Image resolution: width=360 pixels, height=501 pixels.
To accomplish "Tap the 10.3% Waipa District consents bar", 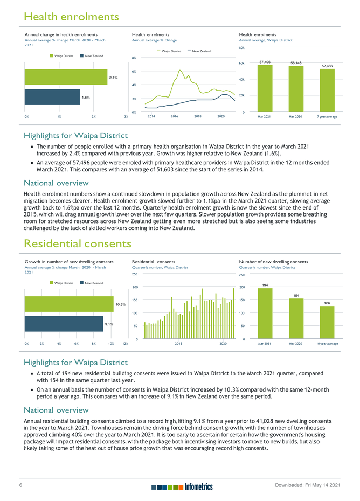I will click(68, 304).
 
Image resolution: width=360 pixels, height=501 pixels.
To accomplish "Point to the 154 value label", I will click(296, 295).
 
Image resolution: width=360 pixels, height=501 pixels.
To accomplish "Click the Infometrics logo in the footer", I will click(182, 487).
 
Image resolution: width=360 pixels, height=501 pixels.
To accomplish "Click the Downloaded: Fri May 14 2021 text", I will click(307, 486).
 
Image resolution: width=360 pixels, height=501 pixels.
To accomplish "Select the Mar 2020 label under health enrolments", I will click(296, 116).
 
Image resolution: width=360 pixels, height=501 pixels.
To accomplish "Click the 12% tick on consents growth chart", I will click(124, 343).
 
